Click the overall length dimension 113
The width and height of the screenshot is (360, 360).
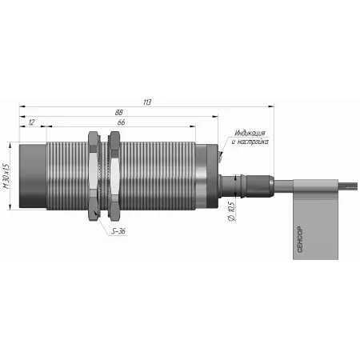147,102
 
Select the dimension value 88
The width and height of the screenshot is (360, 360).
119,113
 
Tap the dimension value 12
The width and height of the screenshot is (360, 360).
31,122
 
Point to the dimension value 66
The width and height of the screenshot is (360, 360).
121,122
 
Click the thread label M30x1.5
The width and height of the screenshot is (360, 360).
6,176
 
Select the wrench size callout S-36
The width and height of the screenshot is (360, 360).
118,231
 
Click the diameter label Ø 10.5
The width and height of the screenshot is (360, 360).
231,211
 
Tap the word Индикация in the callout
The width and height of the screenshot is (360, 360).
250,133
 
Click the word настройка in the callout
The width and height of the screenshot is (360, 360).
253,142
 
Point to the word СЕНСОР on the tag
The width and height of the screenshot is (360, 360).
300,239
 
